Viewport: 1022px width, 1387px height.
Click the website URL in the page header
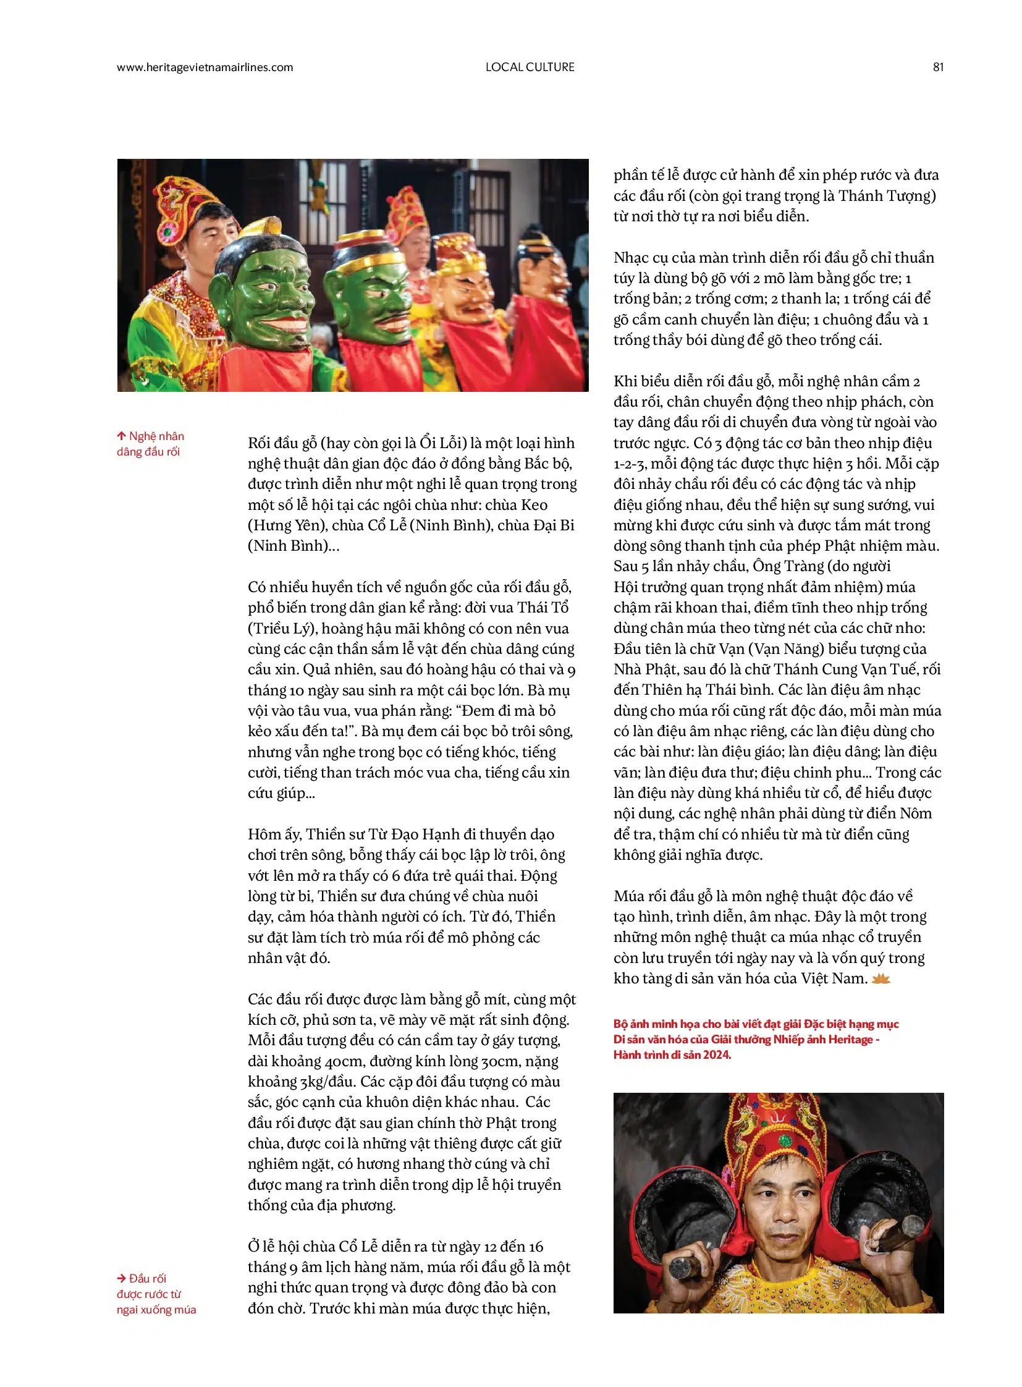[205, 67]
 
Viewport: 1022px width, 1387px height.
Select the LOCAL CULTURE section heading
[530, 67]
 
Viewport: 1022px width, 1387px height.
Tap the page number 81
[938, 67]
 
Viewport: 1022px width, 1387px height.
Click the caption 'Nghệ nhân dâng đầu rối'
[150, 444]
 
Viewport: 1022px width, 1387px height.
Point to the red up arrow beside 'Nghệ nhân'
[121, 436]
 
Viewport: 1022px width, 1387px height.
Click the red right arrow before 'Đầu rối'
[121, 1278]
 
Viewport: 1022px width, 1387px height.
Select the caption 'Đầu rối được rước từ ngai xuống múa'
[156, 1294]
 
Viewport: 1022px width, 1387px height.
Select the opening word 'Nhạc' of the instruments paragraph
[631, 258]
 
